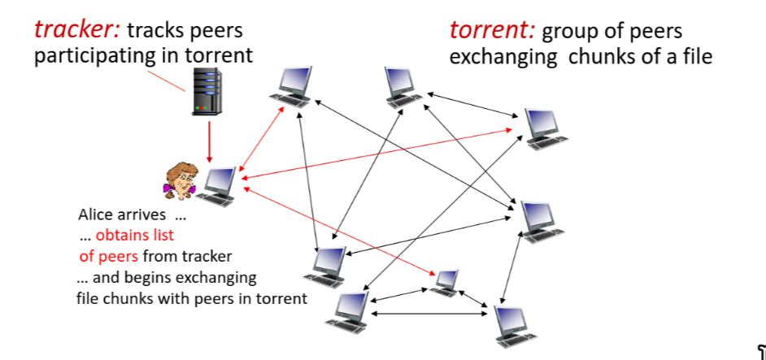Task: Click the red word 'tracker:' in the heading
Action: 77,31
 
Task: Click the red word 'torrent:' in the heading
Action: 492,31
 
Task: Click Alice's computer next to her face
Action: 220,184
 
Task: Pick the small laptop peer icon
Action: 446,281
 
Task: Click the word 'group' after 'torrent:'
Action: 567,32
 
